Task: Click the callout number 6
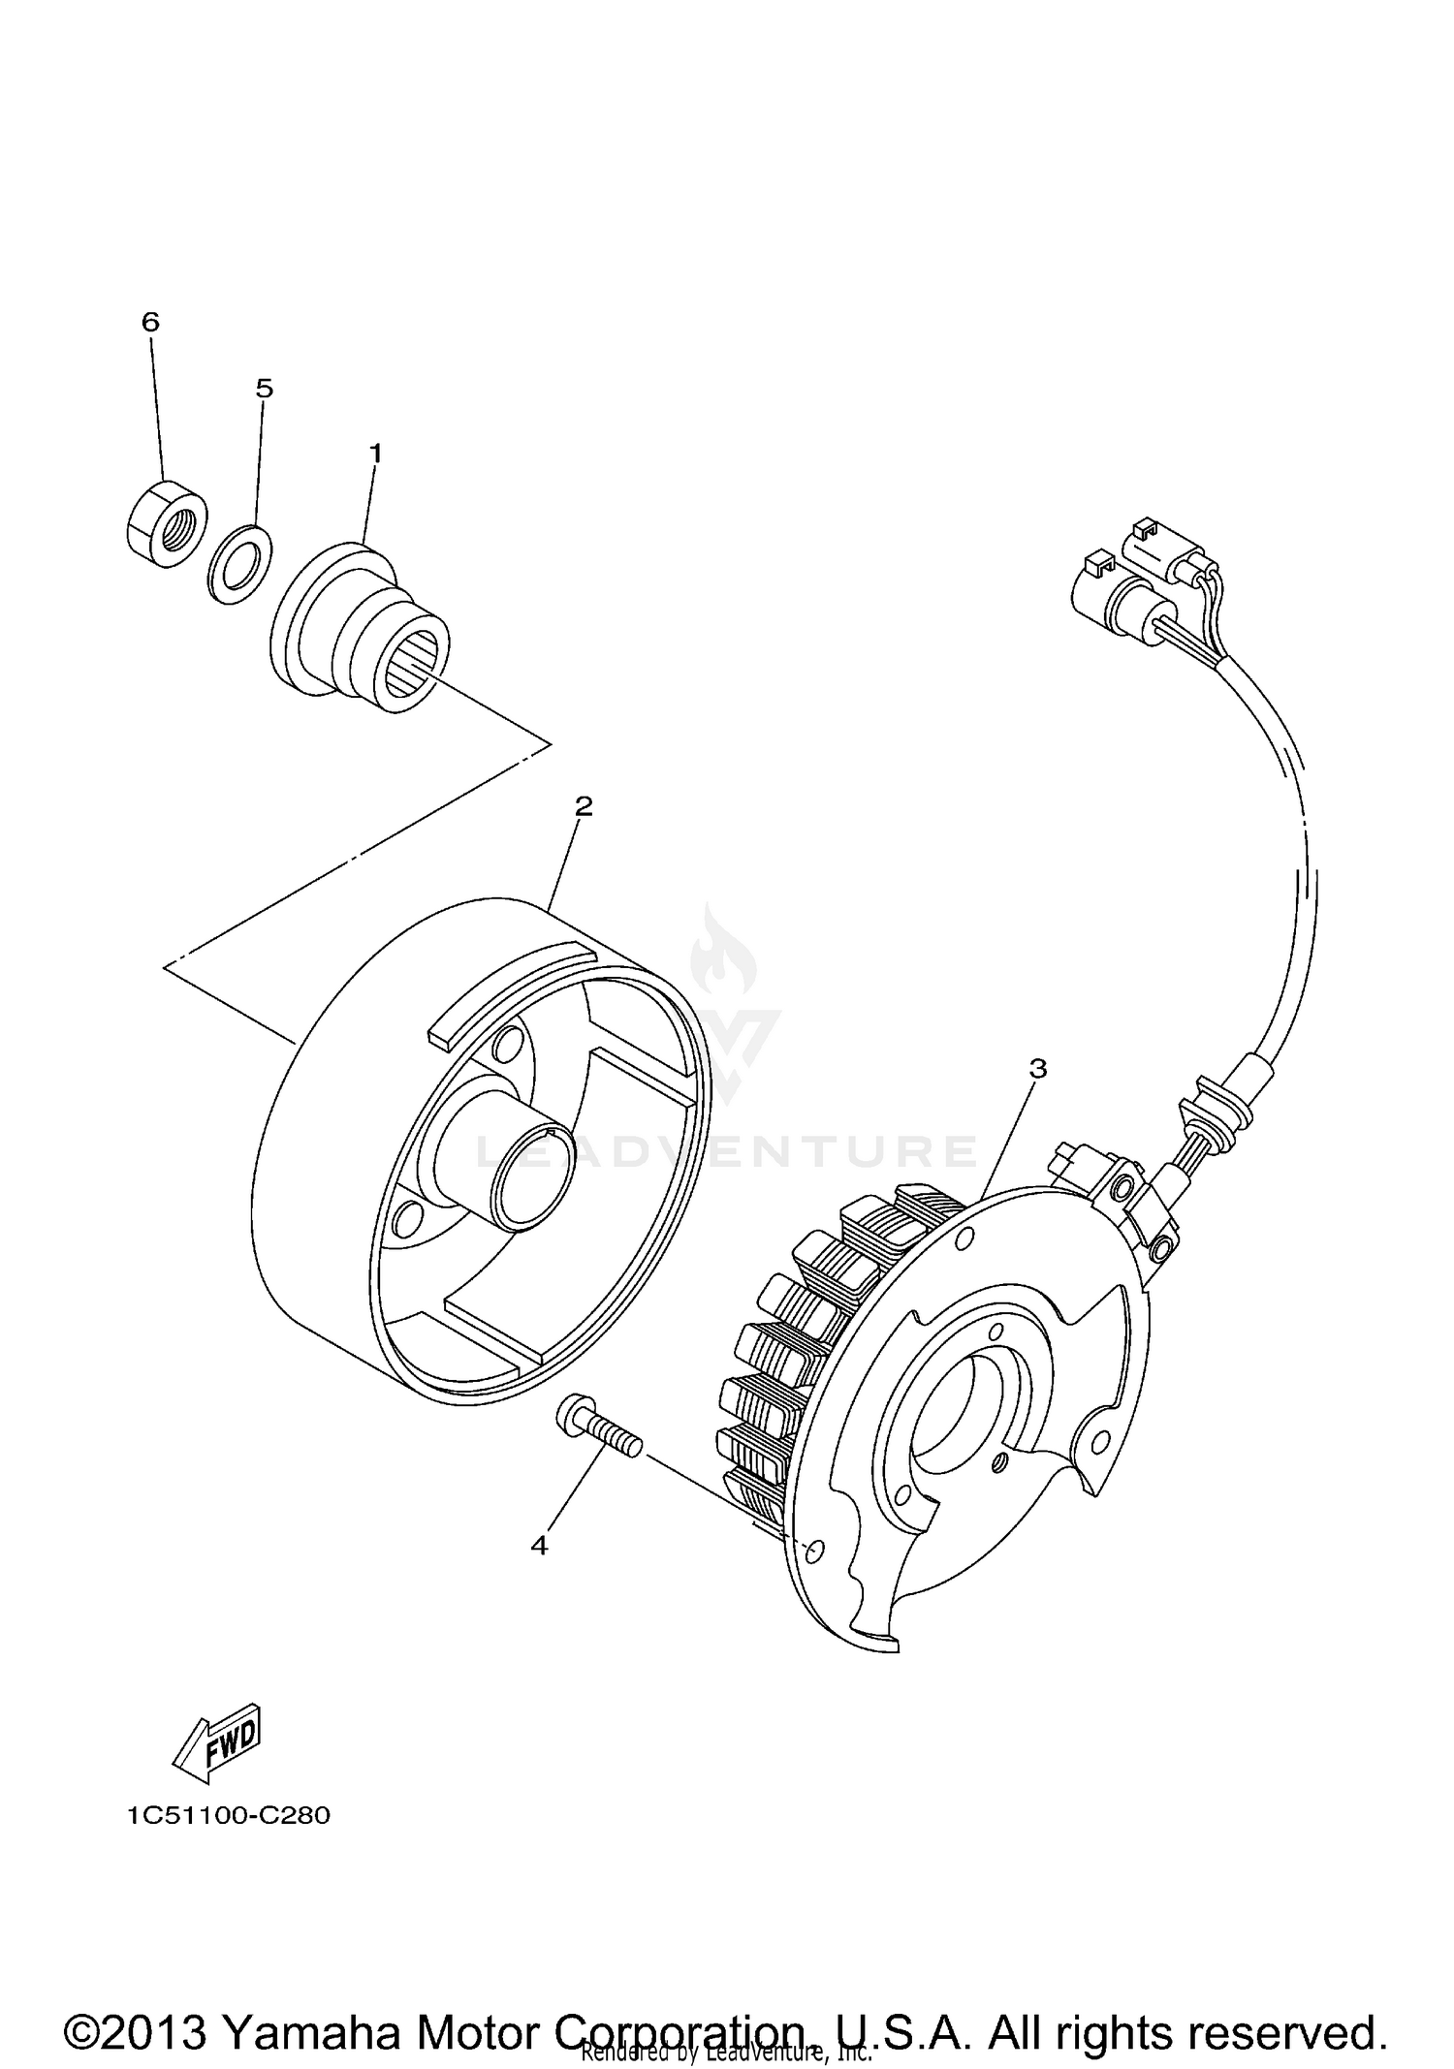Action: point(150,322)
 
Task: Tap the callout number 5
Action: point(265,389)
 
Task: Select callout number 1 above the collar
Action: point(375,454)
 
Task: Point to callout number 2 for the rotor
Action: point(584,806)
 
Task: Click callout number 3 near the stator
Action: point(1038,1069)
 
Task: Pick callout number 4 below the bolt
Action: point(540,1546)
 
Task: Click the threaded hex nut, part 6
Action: point(168,524)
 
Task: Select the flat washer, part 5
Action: point(239,565)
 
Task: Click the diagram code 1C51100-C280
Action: point(228,1815)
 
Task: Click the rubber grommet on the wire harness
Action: point(1206,1113)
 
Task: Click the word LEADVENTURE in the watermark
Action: point(727,1151)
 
